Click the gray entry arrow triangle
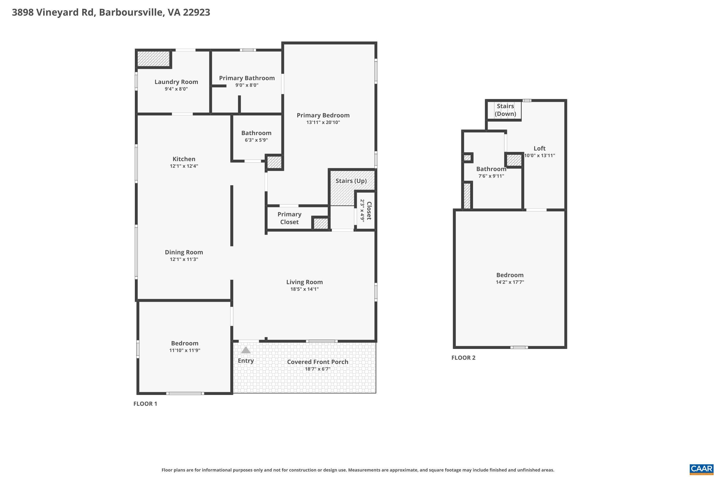(x=246, y=350)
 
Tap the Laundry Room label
(x=176, y=82)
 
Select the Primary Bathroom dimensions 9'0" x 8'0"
(x=247, y=85)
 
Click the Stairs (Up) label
(x=351, y=181)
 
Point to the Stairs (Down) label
(x=505, y=110)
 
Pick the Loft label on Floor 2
(x=539, y=148)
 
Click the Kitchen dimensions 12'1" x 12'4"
(x=184, y=166)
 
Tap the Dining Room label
(x=184, y=252)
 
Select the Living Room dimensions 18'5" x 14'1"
(x=305, y=289)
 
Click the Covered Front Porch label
(x=317, y=362)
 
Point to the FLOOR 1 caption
(x=145, y=404)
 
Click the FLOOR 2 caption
(x=463, y=358)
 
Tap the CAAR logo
(x=702, y=469)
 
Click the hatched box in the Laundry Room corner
(x=153, y=58)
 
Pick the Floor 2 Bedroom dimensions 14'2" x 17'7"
(x=510, y=282)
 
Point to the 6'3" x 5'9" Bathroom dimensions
(x=256, y=140)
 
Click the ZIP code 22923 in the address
(x=196, y=12)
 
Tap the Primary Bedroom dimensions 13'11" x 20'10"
(x=323, y=122)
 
